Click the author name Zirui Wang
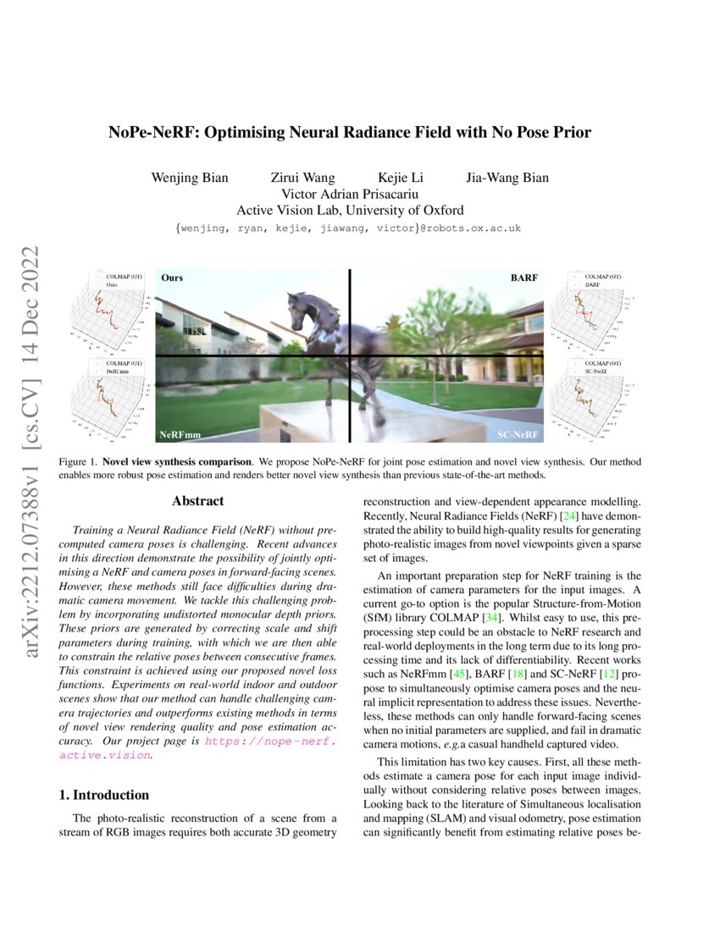click(302, 178)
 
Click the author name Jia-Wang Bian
click(507, 178)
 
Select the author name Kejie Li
click(401, 178)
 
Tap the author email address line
click(348, 229)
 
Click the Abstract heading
click(197, 501)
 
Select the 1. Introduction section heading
click(103, 795)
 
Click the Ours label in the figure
click(172, 278)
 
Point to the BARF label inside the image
click(523, 278)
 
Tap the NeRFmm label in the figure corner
click(180, 434)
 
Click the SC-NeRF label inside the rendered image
click(518, 434)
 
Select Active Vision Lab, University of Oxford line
click(350, 210)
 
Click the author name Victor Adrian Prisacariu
click(349, 194)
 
